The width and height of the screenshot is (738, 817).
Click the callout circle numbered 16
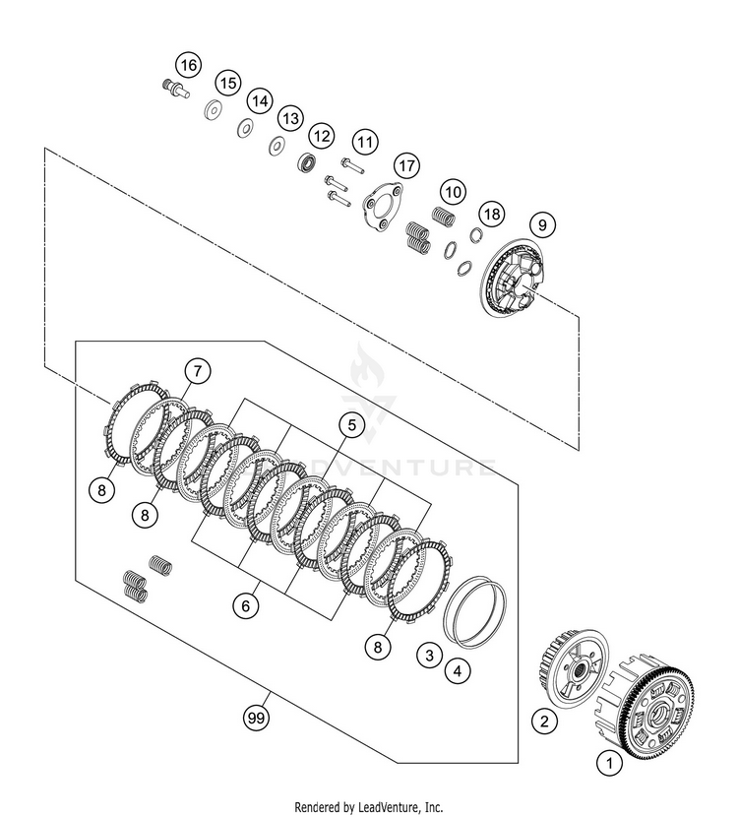pyautogui.click(x=188, y=66)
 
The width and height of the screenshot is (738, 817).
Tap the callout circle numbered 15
pyautogui.click(x=228, y=83)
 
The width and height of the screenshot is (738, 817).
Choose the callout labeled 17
pyautogui.click(x=405, y=164)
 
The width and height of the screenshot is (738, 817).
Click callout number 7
pyautogui.click(x=197, y=371)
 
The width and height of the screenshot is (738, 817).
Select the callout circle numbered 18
pyautogui.click(x=491, y=214)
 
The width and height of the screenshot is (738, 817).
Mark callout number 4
pyautogui.click(x=457, y=672)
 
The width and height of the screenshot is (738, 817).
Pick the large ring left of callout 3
pyautogui.click(x=475, y=611)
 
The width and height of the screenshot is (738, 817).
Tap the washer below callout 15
pyautogui.click(x=212, y=109)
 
